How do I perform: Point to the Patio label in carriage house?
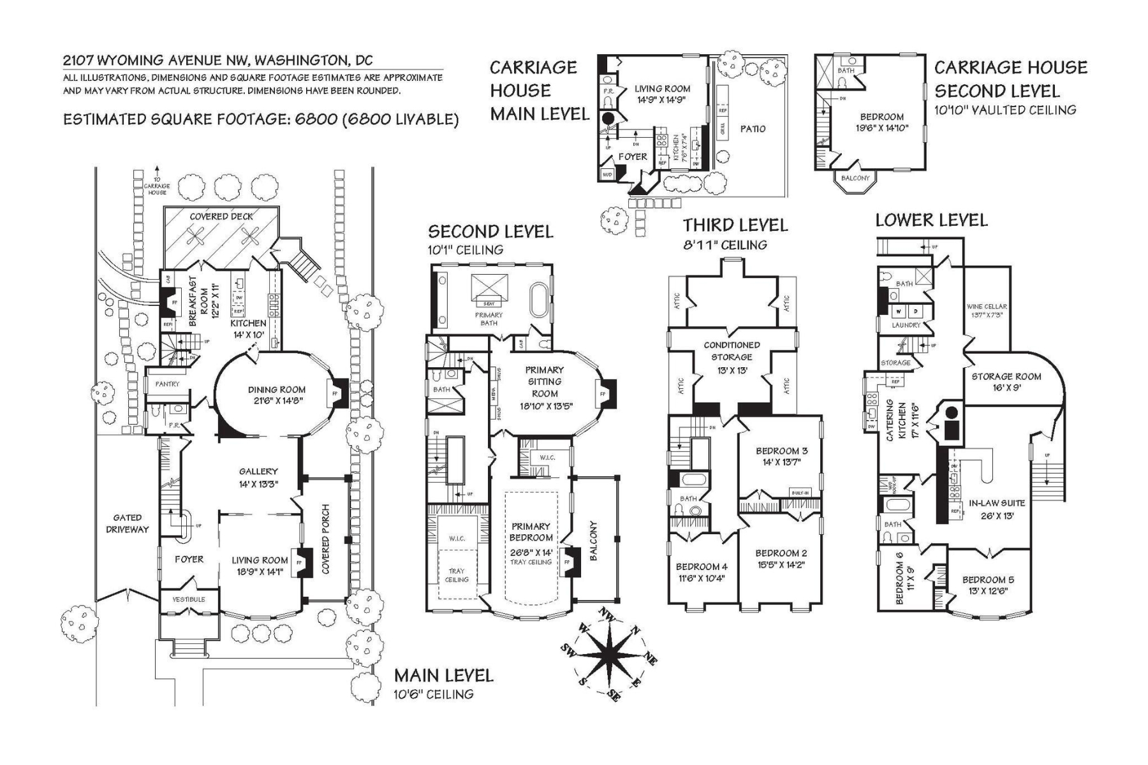(753, 129)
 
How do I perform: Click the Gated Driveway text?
(127, 523)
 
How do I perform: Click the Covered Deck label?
(221, 217)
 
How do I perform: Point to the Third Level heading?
(735, 225)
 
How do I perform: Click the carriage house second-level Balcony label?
(855, 178)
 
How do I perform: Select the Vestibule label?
(189, 600)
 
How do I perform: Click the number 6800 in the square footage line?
(316, 120)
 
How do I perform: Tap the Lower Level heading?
(931, 221)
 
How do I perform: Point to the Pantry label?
(167, 384)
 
